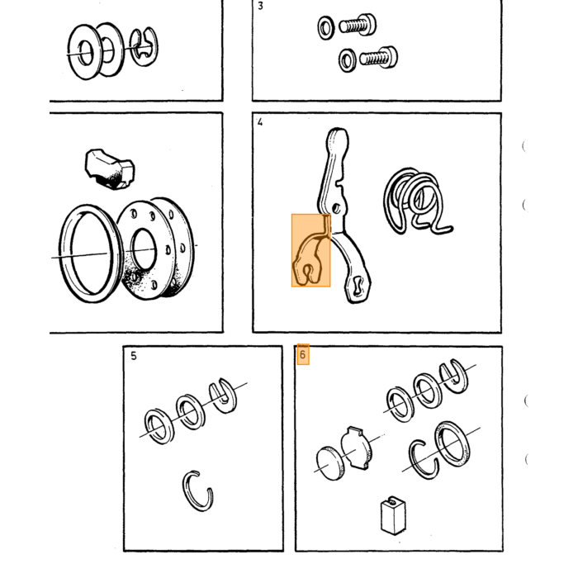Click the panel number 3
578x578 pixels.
(x=261, y=7)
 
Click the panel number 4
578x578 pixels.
(x=260, y=122)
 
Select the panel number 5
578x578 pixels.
(x=134, y=356)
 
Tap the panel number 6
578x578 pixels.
(x=303, y=354)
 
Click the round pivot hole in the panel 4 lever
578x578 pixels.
(x=336, y=209)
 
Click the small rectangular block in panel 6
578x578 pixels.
(x=393, y=515)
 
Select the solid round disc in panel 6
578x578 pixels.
(x=330, y=463)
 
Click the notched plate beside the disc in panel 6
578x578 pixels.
(x=356, y=448)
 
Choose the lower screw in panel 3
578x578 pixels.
(x=378, y=57)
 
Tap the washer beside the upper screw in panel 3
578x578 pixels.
(x=326, y=27)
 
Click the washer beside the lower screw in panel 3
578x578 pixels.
(x=348, y=60)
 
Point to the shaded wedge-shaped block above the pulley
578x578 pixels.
(x=109, y=168)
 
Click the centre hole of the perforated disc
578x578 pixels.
(x=144, y=249)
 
